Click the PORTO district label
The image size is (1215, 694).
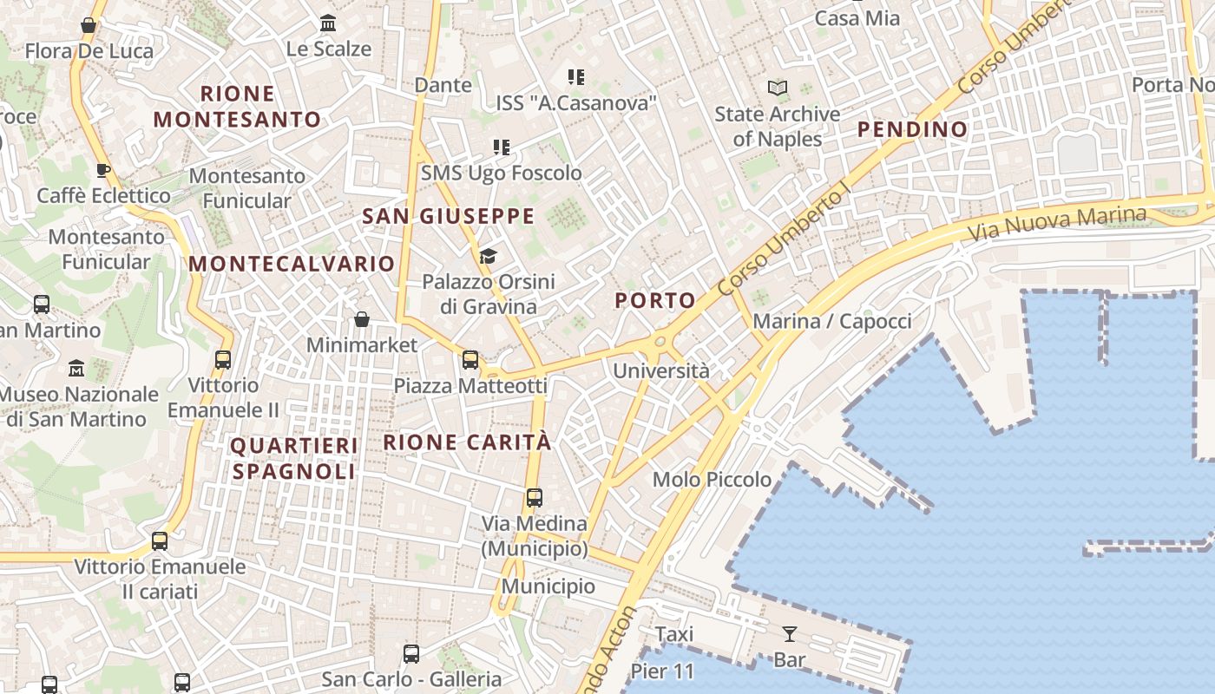point(655,301)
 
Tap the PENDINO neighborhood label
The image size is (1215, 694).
point(912,130)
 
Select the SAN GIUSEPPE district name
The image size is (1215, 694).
point(448,217)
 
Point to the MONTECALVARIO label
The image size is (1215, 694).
point(292,264)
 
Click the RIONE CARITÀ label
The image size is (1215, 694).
point(467,442)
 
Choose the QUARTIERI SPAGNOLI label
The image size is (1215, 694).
point(293,459)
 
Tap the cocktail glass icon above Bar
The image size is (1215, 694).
point(790,634)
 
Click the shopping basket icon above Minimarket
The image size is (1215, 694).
point(362,319)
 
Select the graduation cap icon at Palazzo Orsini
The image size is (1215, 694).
point(488,256)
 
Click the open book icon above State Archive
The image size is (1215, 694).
point(778,88)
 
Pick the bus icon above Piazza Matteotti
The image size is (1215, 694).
point(470,359)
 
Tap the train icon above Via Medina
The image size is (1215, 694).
point(535,498)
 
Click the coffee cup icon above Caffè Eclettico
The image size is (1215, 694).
point(103,170)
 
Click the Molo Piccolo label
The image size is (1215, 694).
point(712,480)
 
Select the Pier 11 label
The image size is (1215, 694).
point(662,671)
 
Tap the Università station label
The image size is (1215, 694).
point(661,371)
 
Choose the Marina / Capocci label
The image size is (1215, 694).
point(831,322)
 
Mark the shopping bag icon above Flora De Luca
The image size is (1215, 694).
point(89,25)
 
